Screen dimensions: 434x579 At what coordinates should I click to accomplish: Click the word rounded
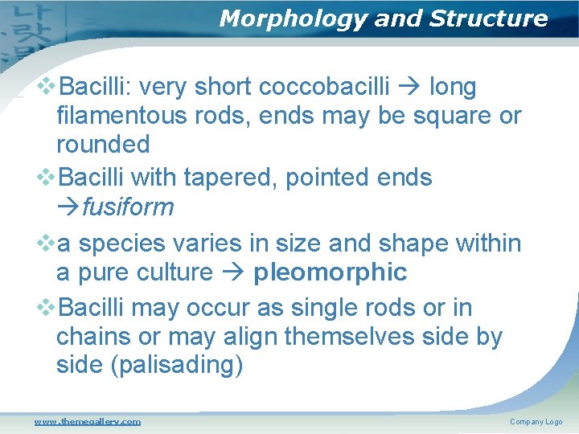point(103,145)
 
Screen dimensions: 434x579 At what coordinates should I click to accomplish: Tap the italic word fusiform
point(128,207)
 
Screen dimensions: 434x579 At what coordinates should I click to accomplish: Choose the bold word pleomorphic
point(330,272)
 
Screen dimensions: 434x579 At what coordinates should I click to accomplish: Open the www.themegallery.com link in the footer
point(87,421)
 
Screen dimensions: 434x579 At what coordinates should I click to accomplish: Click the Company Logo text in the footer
point(536,422)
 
